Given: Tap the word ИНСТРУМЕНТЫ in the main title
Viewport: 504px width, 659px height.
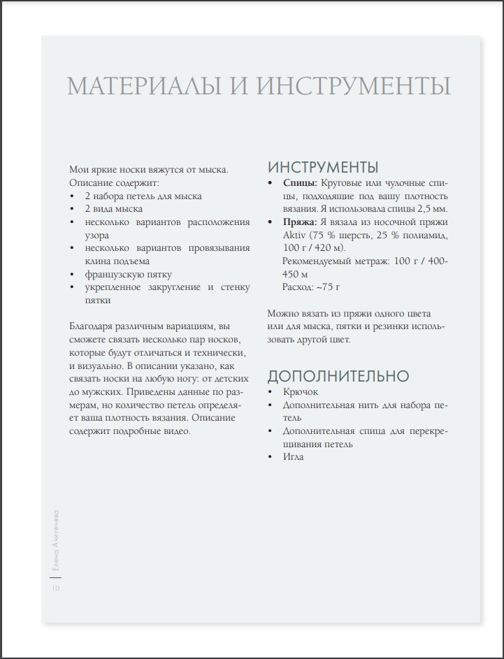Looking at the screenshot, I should coord(354,86).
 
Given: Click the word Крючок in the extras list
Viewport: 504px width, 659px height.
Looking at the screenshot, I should coord(301,392).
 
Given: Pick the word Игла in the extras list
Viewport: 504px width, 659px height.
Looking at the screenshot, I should coord(294,456).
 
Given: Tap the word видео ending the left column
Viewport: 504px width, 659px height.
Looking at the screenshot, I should coord(175,430).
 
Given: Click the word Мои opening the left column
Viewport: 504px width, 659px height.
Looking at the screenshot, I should coord(79,170).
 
